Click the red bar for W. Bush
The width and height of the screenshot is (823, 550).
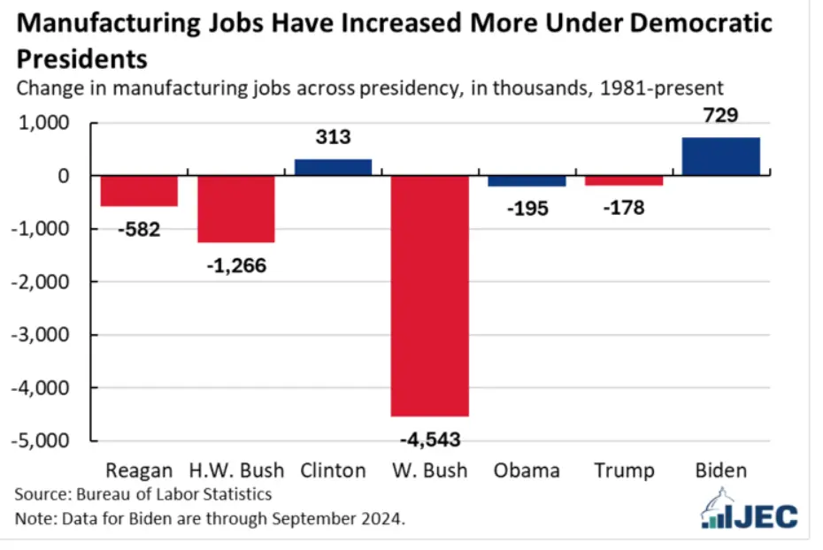(430, 295)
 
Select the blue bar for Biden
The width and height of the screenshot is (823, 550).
(721, 157)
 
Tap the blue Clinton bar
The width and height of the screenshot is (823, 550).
(333, 167)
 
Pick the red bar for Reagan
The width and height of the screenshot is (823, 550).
(139, 191)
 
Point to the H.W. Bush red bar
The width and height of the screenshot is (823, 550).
(235, 209)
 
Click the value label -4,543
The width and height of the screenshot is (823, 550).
(430, 439)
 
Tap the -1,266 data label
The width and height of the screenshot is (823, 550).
(235, 264)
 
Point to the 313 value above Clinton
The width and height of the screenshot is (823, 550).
(333, 138)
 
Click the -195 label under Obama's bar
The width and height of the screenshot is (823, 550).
(527, 209)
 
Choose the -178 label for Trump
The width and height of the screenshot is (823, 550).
(624, 209)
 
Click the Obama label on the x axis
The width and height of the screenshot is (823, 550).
(527, 470)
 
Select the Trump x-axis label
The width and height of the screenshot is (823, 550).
(624, 470)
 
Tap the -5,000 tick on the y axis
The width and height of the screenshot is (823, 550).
(44, 440)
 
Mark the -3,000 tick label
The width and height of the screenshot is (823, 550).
(44, 335)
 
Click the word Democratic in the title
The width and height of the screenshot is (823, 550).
(687, 24)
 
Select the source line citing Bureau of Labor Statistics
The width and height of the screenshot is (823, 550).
(143, 493)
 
